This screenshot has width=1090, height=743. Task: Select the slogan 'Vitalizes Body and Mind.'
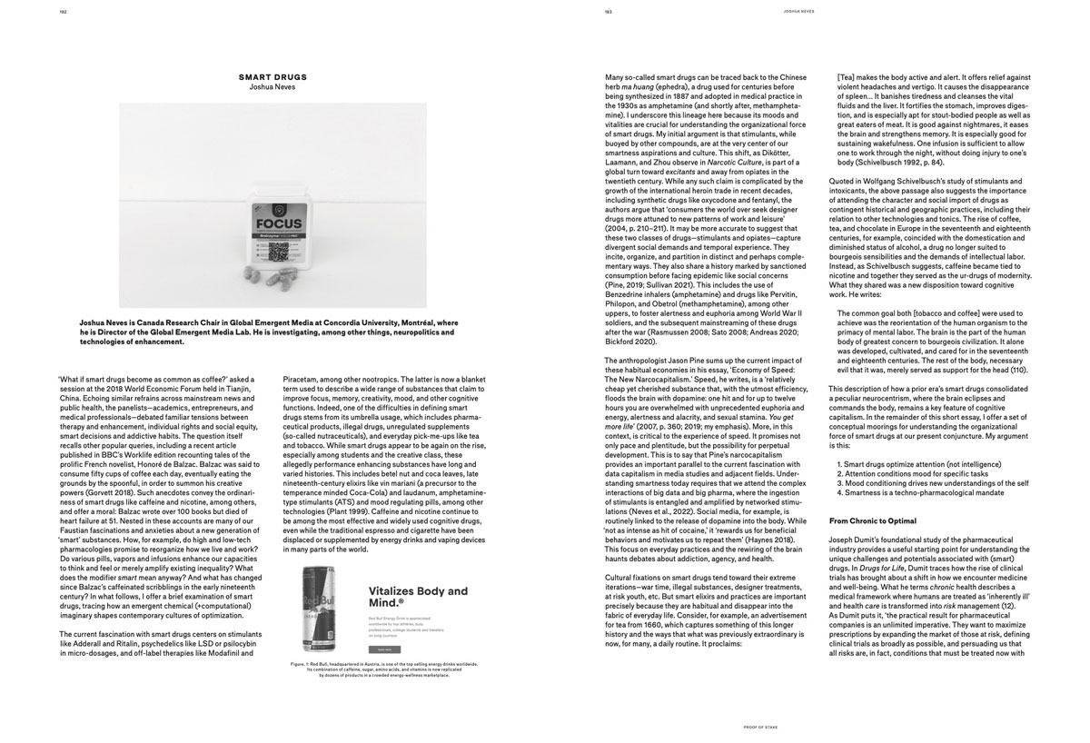point(418,597)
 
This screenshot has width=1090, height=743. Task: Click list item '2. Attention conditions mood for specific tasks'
point(920,474)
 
